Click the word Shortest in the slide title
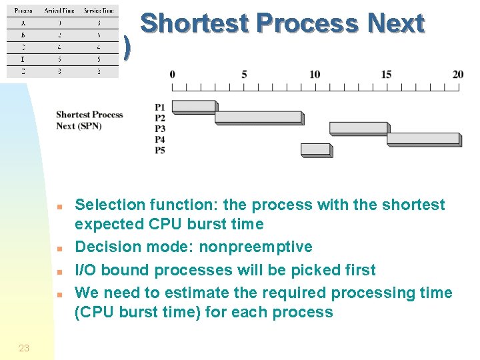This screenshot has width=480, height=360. tap(195, 23)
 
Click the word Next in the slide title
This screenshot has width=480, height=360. tap(396, 23)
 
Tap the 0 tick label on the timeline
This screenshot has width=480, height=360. tap(173, 74)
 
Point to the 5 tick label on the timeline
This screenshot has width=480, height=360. tap(244, 74)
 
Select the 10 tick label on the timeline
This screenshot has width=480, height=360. tap(315, 74)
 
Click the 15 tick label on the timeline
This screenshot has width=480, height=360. tap(387, 74)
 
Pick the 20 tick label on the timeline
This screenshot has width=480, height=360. tap(458, 74)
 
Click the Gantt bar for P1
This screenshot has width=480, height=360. tap(194, 107)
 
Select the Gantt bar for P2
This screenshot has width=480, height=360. tap(259, 117)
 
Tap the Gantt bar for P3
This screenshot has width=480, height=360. tap(358, 128)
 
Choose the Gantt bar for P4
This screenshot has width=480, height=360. tap(423, 139)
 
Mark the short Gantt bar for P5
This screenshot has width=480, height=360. tap(315, 149)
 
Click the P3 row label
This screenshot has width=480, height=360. tap(160, 129)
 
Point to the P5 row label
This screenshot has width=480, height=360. tap(160, 151)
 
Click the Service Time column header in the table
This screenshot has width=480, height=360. tap(99, 11)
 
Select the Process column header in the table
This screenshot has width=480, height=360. tap(23, 11)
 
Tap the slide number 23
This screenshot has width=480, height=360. tap(24, 348)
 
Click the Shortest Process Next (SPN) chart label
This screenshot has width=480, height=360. tap(89, 120)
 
